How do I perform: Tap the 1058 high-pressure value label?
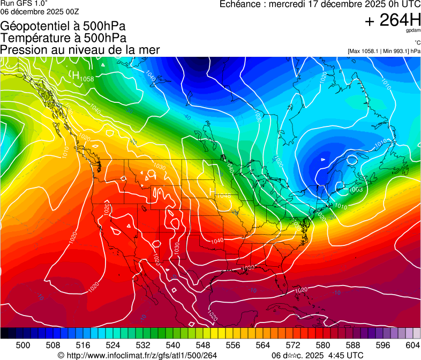pyautogui.click(x=87, y=79)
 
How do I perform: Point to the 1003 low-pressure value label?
pyautogui.click(x=356, y=189)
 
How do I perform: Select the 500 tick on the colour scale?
pyautogui.click(x=23, y=345)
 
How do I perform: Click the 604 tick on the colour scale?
pyautogui.click(x=413, y=345)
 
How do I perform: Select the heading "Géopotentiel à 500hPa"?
pyautogui.click(x=64, y=26)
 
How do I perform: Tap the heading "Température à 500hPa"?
pyautogui.click(x=63, y=38)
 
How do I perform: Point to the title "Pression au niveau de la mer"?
pyautogui.click(x=80, y=50)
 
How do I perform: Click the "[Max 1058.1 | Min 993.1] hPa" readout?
pyautogui.click(x=384, y=51)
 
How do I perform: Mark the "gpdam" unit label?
pyautogui.click(x=412, y=31)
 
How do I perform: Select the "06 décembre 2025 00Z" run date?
pyautogui.click(x=40, y=11)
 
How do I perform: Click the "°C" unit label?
pyautogui.click(x=417, y=43)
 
